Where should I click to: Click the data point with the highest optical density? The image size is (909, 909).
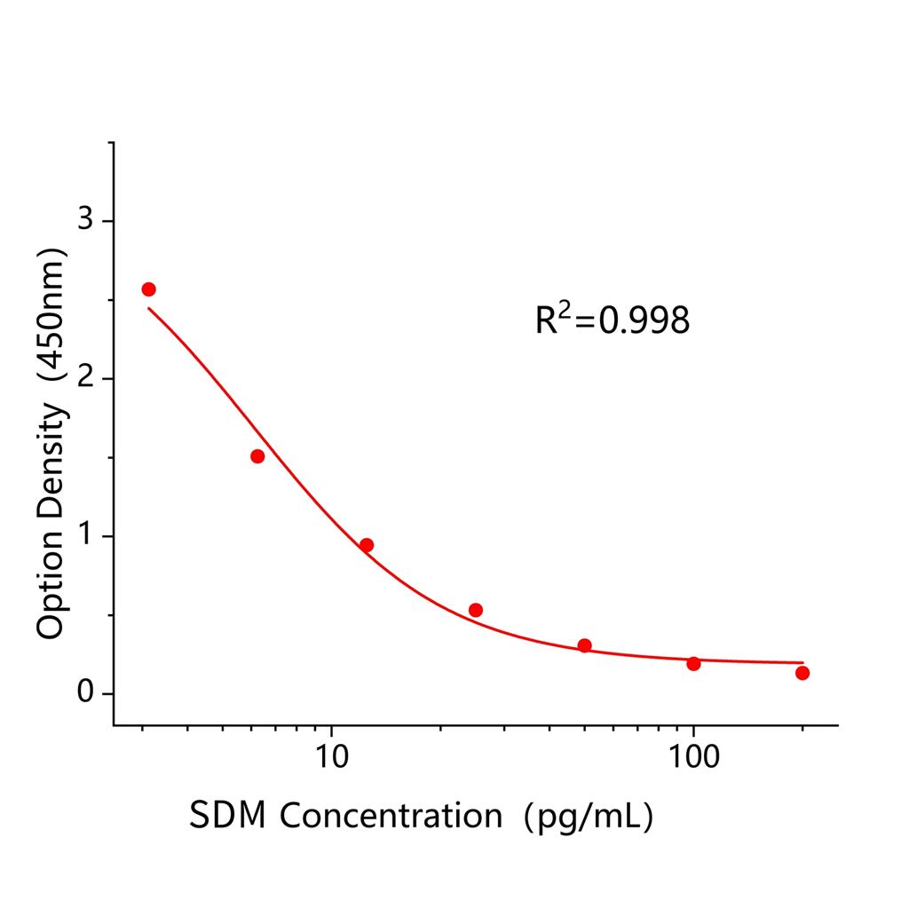[148, 289]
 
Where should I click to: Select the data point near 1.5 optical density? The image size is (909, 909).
[257, 456]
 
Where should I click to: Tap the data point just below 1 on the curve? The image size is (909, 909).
[367, 545]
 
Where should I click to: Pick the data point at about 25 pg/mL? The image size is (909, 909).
[476, 610]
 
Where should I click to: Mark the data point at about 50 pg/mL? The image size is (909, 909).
[584, 645]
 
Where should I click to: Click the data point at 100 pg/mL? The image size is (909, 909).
[693, 663]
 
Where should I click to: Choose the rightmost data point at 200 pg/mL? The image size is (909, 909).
[802, 673]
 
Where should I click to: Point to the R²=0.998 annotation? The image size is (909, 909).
[612, 320]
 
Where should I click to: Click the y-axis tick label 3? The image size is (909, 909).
[85, 221]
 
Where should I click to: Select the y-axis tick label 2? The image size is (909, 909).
[85, 379]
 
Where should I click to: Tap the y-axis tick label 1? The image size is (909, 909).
[85, 536]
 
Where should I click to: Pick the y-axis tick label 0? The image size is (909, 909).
[85, 693]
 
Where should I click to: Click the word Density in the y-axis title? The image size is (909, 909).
[51, 467]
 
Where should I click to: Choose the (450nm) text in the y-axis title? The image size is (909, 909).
[51, 320]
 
